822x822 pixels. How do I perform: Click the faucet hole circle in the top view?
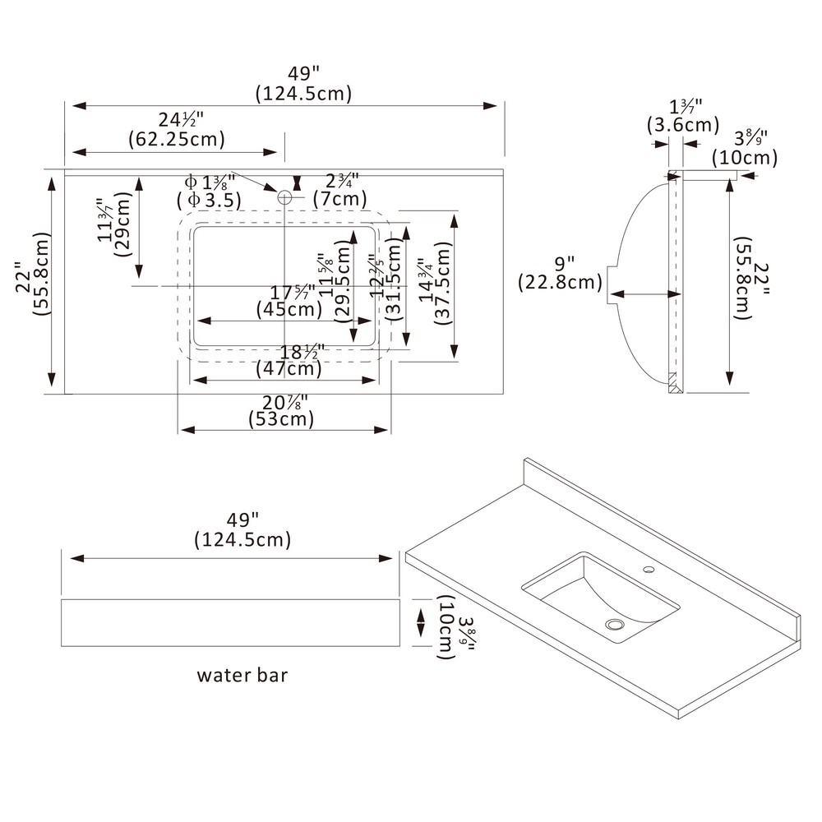[285, 197]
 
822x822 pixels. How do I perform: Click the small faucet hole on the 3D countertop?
[649, 569]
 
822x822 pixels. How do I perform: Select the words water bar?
[242, 676]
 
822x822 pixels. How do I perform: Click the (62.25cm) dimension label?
[176, 139]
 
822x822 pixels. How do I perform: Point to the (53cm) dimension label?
[281, 419]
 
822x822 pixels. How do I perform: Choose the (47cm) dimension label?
[288, 369]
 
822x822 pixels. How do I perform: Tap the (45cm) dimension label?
[289, 310]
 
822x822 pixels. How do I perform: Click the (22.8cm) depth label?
[560, 283]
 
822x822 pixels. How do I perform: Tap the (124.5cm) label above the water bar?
[242, 540]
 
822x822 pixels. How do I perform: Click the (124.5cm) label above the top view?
[303, 93]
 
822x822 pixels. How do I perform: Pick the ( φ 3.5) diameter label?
[209, 199]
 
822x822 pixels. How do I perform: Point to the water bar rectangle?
[230, 623]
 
